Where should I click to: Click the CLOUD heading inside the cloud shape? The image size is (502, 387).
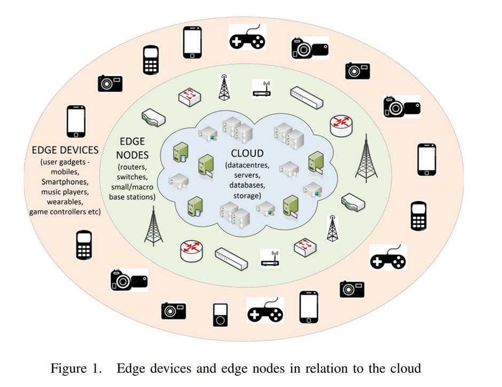(x=247, y=154)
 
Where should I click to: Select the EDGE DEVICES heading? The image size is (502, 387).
(x=65, y=150)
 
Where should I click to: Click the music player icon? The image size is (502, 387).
(x=220, y=315)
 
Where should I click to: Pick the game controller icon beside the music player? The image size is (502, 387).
(x=265, y=311)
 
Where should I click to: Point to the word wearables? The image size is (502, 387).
(x=65, y=202)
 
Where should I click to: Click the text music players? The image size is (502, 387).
(x=65, y=192)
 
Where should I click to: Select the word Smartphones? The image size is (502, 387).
(x=65, y=181)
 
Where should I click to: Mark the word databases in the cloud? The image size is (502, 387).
(x=247, y=186)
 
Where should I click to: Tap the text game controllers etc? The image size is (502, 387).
(x=65, y=212)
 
